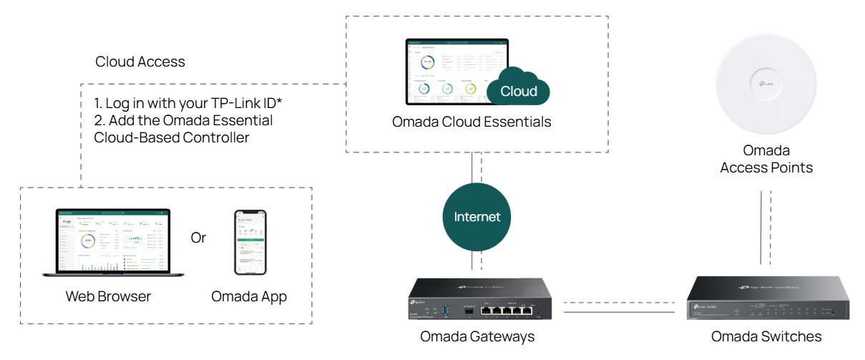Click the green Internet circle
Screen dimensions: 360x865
(477, 217)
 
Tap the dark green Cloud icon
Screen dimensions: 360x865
(522, 89)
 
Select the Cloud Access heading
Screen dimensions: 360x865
(140, 62)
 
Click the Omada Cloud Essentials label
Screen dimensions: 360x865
(471, 122)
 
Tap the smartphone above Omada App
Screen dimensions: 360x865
(250, 243)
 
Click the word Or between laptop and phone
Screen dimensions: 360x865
(198, 238)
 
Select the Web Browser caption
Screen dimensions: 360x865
(108, 296)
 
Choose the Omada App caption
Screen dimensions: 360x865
(249, 296)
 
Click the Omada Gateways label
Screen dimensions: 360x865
(477, 336)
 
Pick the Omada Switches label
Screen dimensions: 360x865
(766, 336)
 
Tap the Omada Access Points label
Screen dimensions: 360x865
(766, 160)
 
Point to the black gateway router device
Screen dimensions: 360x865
(477, 301)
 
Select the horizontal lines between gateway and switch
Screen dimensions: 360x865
(620, 308)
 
